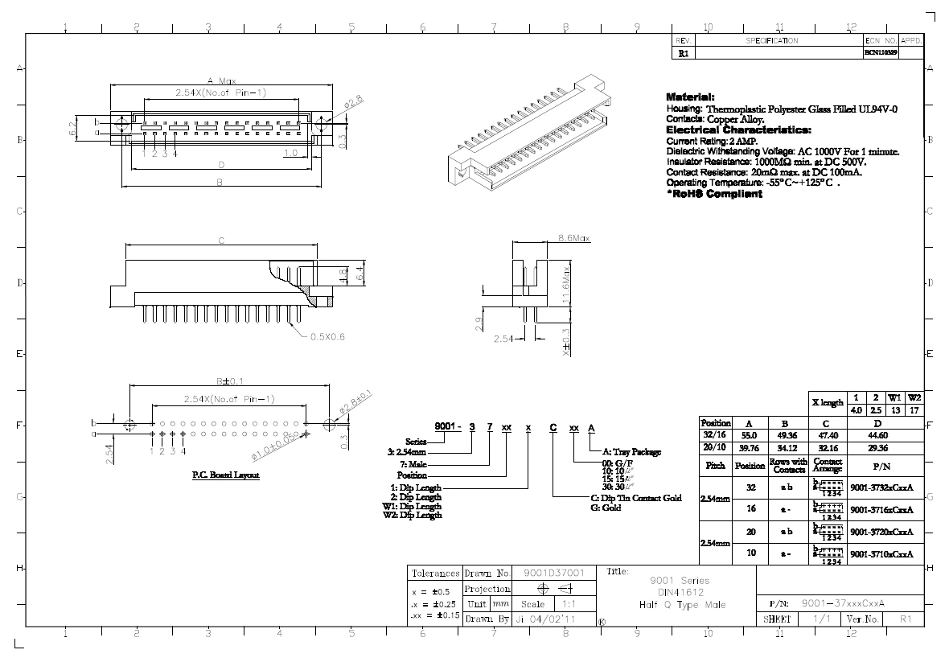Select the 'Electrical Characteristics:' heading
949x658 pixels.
click(738, 130)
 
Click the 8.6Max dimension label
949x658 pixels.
click(574, 238)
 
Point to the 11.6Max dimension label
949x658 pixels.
click(565, 285)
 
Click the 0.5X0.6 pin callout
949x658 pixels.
click(327, 338)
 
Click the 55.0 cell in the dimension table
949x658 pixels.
click(749, 434)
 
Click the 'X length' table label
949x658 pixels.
click(826, 403)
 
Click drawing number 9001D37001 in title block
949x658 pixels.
click(553, 574)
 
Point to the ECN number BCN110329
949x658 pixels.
click(881, 52)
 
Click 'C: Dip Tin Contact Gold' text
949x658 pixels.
click(636, 498)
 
